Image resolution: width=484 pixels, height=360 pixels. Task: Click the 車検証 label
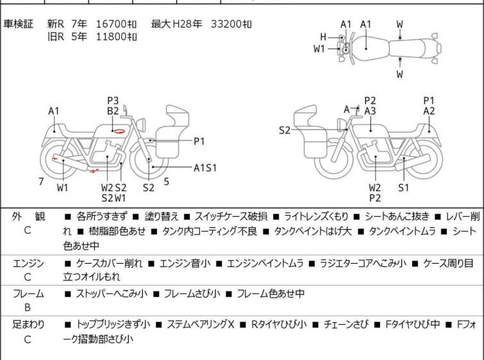point(19,24)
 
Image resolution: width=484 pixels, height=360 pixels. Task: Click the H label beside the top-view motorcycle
point(323,37)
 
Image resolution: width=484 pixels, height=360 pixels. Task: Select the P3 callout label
point(113,100)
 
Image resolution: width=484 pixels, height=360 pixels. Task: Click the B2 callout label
point(113,110)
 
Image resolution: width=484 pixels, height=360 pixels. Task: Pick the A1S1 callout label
point(205,167)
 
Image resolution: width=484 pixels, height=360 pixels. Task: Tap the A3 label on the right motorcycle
point(370,110)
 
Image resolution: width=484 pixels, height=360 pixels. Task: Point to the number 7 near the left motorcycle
point(41,182)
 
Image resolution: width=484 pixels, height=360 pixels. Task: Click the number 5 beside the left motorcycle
point(166,182)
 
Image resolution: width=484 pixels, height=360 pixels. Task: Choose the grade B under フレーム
point(28,307)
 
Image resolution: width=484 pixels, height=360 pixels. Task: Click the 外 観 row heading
point(28,217)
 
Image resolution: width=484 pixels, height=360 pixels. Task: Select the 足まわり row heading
point(28,325)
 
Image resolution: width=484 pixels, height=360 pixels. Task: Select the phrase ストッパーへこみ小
point(112,294)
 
